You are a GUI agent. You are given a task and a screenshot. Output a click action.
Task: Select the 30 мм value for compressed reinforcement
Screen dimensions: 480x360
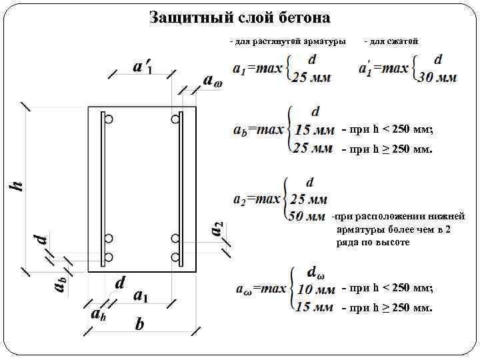tap(437, 77)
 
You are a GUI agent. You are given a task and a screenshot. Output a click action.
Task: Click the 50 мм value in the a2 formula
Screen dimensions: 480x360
tap(309, 216)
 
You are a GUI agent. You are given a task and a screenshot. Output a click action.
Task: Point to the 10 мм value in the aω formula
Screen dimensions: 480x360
tap(315, 290)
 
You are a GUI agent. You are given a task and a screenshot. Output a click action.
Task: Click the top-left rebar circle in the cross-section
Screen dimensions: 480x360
tap(109, 119)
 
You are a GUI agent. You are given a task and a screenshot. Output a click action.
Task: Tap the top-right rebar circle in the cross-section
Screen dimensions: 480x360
tap(175, 119)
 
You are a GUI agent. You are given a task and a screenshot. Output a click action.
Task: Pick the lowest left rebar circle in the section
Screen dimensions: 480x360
tap(109, 257)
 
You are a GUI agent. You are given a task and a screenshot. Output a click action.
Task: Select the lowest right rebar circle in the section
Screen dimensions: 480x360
tap(175, 257)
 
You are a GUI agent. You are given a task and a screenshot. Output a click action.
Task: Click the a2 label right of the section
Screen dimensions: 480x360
tap(217, 228)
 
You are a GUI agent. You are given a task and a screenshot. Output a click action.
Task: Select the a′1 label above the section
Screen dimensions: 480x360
tap(142, 67)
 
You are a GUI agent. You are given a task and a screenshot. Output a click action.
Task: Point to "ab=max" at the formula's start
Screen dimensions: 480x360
tap(259, 130)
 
